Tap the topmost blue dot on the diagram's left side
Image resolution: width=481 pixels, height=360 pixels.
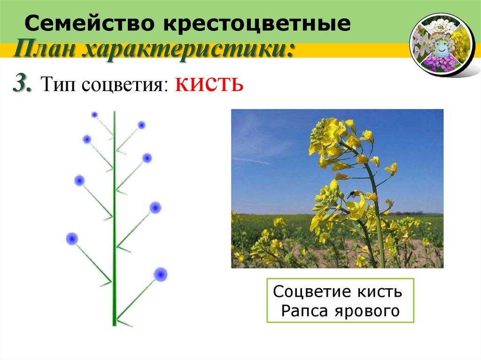point(94,115)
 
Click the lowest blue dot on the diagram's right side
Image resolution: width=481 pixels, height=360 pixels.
point(161,274)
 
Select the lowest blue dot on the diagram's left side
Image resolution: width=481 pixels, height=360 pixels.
point(72,238)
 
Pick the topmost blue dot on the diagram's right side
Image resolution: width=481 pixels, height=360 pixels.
point(141,125)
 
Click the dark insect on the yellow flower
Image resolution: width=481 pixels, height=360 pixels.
point(352,193)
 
